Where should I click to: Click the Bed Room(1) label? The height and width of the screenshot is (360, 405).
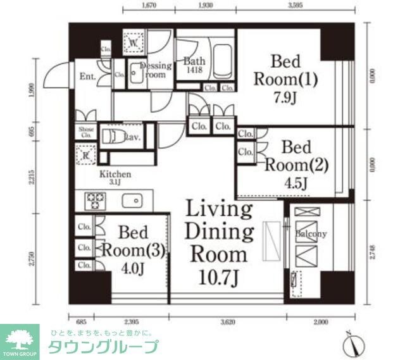tap(285, 71)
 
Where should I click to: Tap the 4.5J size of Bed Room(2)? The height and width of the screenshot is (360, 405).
tap(295, 183)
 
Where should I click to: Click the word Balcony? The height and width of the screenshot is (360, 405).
tap(311, 234)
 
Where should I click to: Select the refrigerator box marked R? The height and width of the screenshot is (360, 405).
tap(85, 155)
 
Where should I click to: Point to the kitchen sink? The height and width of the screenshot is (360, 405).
tap(134, 202)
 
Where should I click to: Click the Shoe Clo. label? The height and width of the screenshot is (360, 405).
tap(86, 133)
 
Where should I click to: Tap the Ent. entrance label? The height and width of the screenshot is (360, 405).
tap(87, 78)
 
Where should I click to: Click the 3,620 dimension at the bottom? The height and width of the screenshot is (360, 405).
tap(228, 322)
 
